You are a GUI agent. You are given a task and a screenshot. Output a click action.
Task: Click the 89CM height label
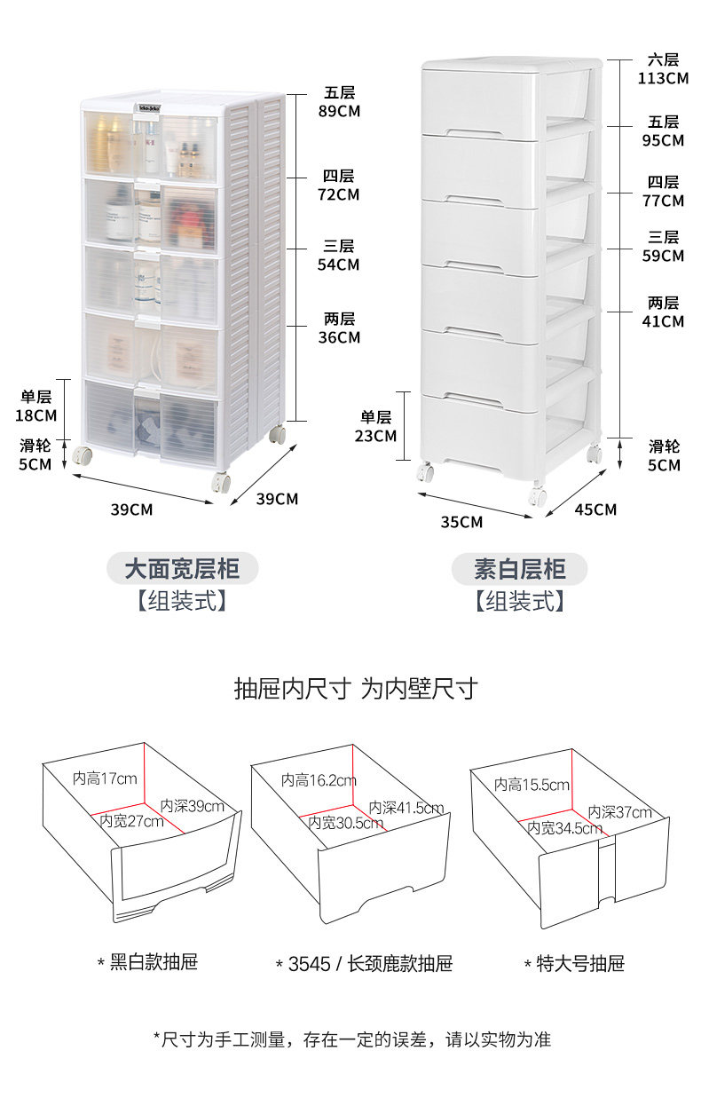click(339, 111)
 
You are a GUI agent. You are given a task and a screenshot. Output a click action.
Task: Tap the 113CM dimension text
click(663, 78)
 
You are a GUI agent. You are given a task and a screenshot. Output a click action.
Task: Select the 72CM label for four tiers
click(339, 194)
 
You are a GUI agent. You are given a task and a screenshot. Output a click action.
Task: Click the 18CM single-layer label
click(35, 415)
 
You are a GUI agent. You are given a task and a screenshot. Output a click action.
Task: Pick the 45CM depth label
click(595, 510)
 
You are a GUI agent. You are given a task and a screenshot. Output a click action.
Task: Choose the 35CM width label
click(461, 522)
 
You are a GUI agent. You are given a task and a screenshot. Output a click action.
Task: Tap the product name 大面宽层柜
click(182, 568)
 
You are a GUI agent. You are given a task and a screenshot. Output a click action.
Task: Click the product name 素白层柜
click(519, 568)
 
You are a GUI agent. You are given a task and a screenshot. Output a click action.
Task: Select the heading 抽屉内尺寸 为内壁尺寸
click(355, 688)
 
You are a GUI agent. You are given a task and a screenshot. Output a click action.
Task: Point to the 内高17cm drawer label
click(105, 778)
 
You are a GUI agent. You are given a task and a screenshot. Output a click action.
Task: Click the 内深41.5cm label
click(406, 808)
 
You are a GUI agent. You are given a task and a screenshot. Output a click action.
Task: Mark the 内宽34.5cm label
click(565, 828)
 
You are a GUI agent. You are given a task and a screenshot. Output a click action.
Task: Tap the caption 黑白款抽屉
click(147, 962)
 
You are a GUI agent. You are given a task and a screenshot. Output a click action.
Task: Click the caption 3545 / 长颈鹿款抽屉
click(364, 964)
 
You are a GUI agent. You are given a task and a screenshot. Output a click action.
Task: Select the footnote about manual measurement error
click(351, 1039)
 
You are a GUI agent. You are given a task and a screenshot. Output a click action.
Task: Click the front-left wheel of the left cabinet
click(84, 456)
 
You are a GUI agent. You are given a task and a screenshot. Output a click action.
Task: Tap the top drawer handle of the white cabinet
click(480, 133)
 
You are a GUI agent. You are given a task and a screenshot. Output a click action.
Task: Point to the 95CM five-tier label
click(663, 140)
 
